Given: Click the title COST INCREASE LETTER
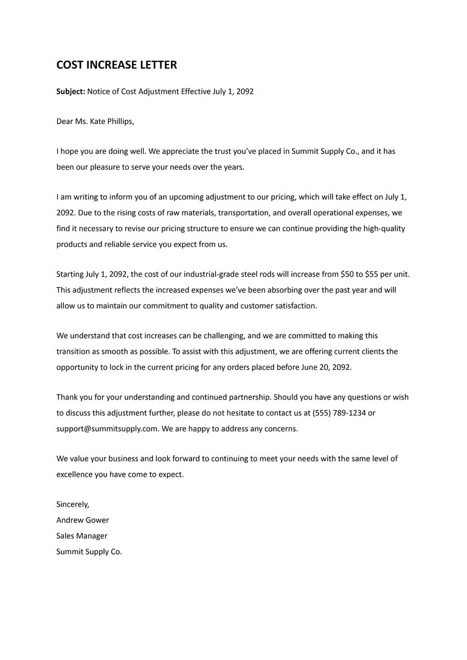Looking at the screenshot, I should point(117,64).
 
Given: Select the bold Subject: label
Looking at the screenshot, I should point(71,91).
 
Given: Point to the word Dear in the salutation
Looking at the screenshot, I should point(64,121).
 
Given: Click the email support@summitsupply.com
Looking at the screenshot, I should point(107,429).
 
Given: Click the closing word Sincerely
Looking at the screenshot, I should point(72,504).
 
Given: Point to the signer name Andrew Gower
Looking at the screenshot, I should point(83,520).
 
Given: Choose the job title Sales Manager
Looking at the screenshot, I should point(81,536).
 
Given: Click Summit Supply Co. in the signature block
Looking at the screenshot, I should point(89,552).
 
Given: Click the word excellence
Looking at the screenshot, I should point(75,474).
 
